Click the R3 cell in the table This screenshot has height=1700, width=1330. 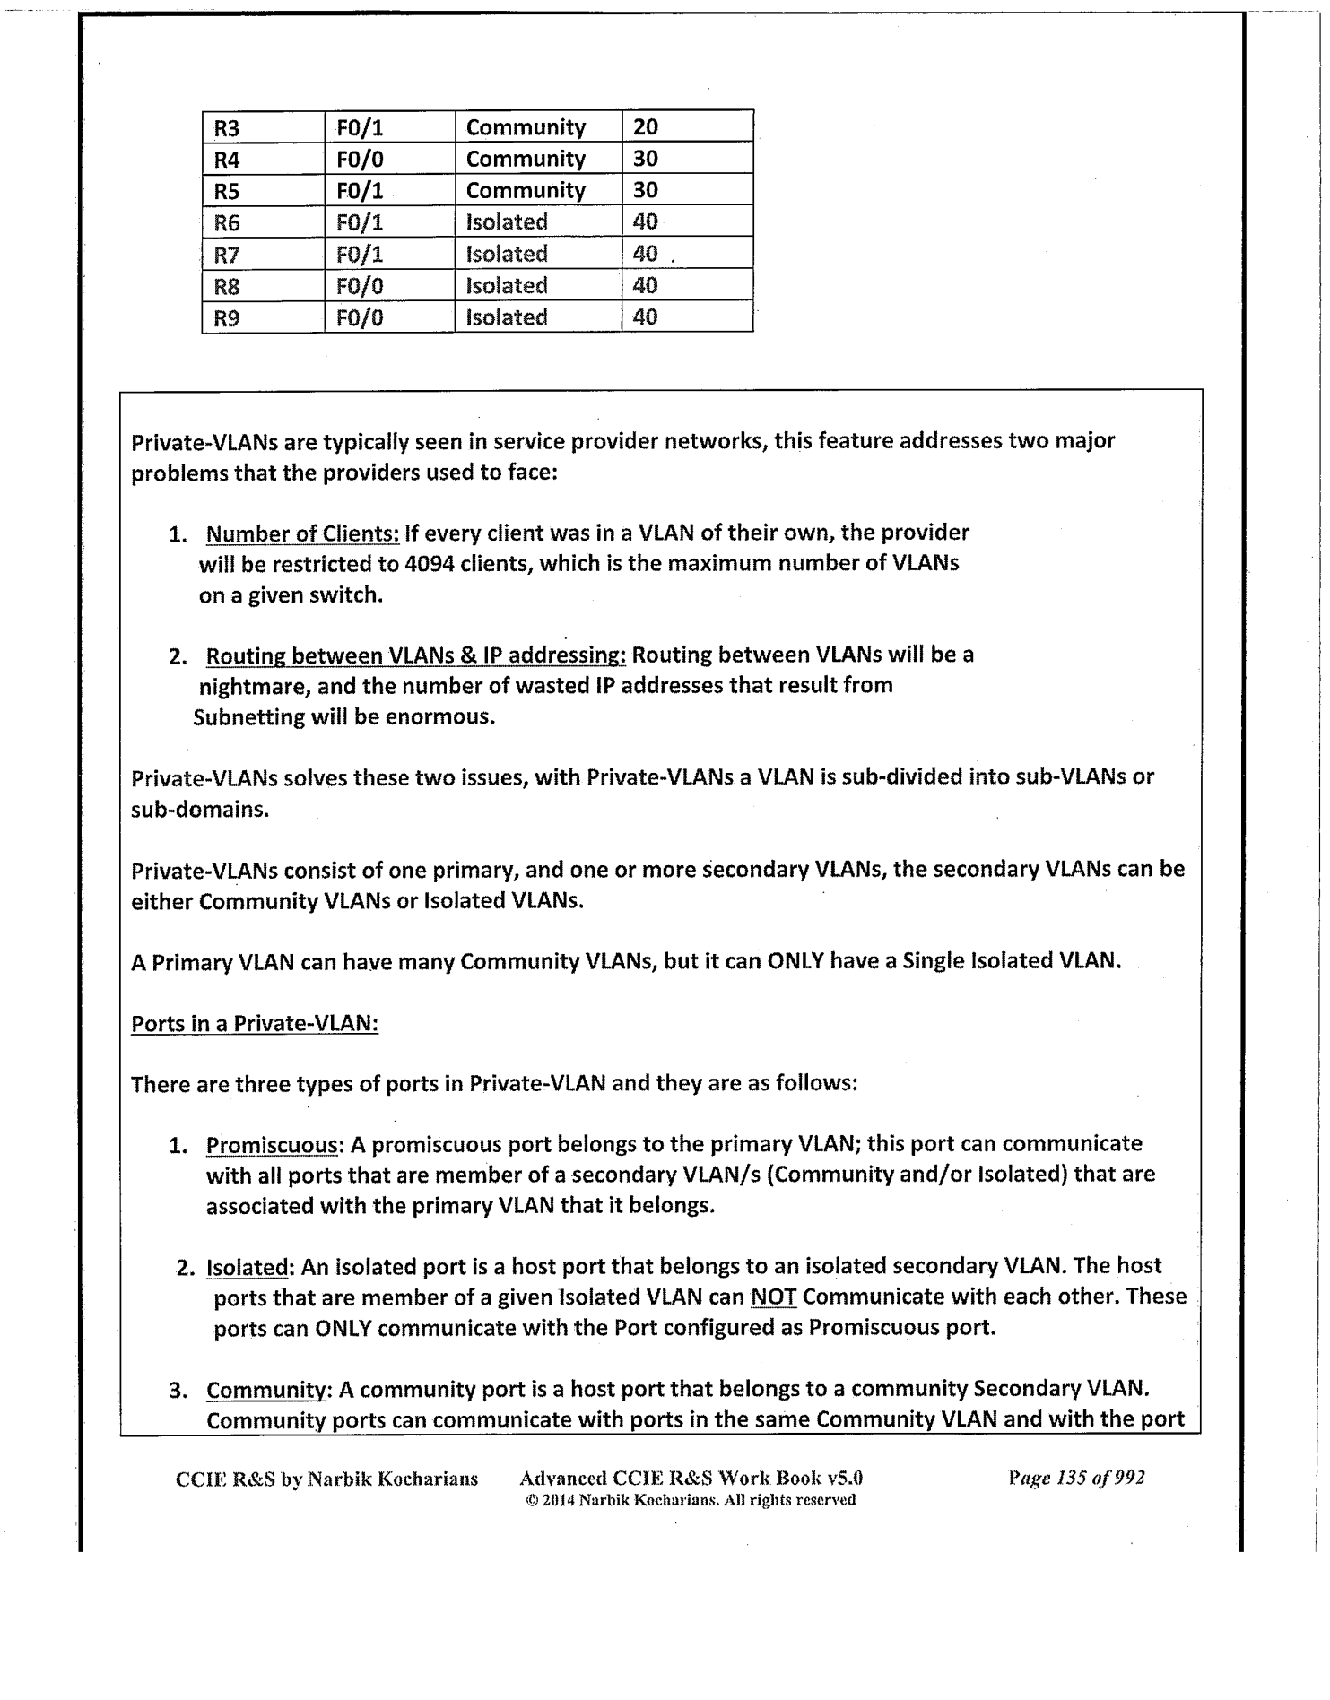point(227,128)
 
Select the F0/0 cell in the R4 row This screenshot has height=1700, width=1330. point(360,160)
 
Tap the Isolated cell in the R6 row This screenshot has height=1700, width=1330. point(507,222)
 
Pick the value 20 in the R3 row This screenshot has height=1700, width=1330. point(646,127)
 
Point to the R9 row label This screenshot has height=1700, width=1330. point(227,318)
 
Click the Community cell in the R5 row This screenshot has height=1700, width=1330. point(526,191)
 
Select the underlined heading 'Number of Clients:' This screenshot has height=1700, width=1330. point(302,533)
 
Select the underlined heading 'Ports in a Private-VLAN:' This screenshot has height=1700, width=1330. point(255,1024)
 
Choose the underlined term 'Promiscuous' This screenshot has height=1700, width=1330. point(273,1145)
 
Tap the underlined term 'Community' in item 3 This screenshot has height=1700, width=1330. point(266,1390)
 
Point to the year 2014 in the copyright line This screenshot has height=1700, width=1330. point(558,1500)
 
